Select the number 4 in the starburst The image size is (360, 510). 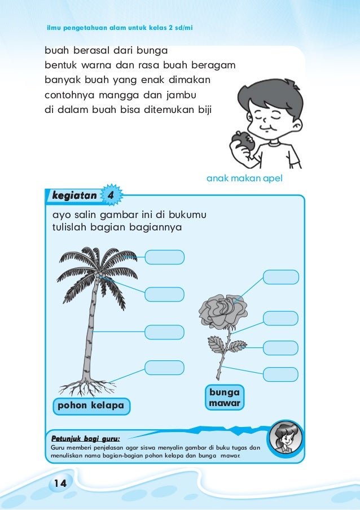coord(111,195)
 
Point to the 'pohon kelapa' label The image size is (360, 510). coord(90,406)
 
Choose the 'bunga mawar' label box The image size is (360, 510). coord(224,398)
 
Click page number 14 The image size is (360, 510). coord(60,482)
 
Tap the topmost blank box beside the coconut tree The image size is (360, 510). coord(164,258)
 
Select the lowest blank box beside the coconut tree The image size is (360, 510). coord(164,367)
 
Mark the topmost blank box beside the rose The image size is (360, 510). coord(281,277)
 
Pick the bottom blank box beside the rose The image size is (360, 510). coord(281,374)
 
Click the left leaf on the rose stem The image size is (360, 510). coord(215,343)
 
